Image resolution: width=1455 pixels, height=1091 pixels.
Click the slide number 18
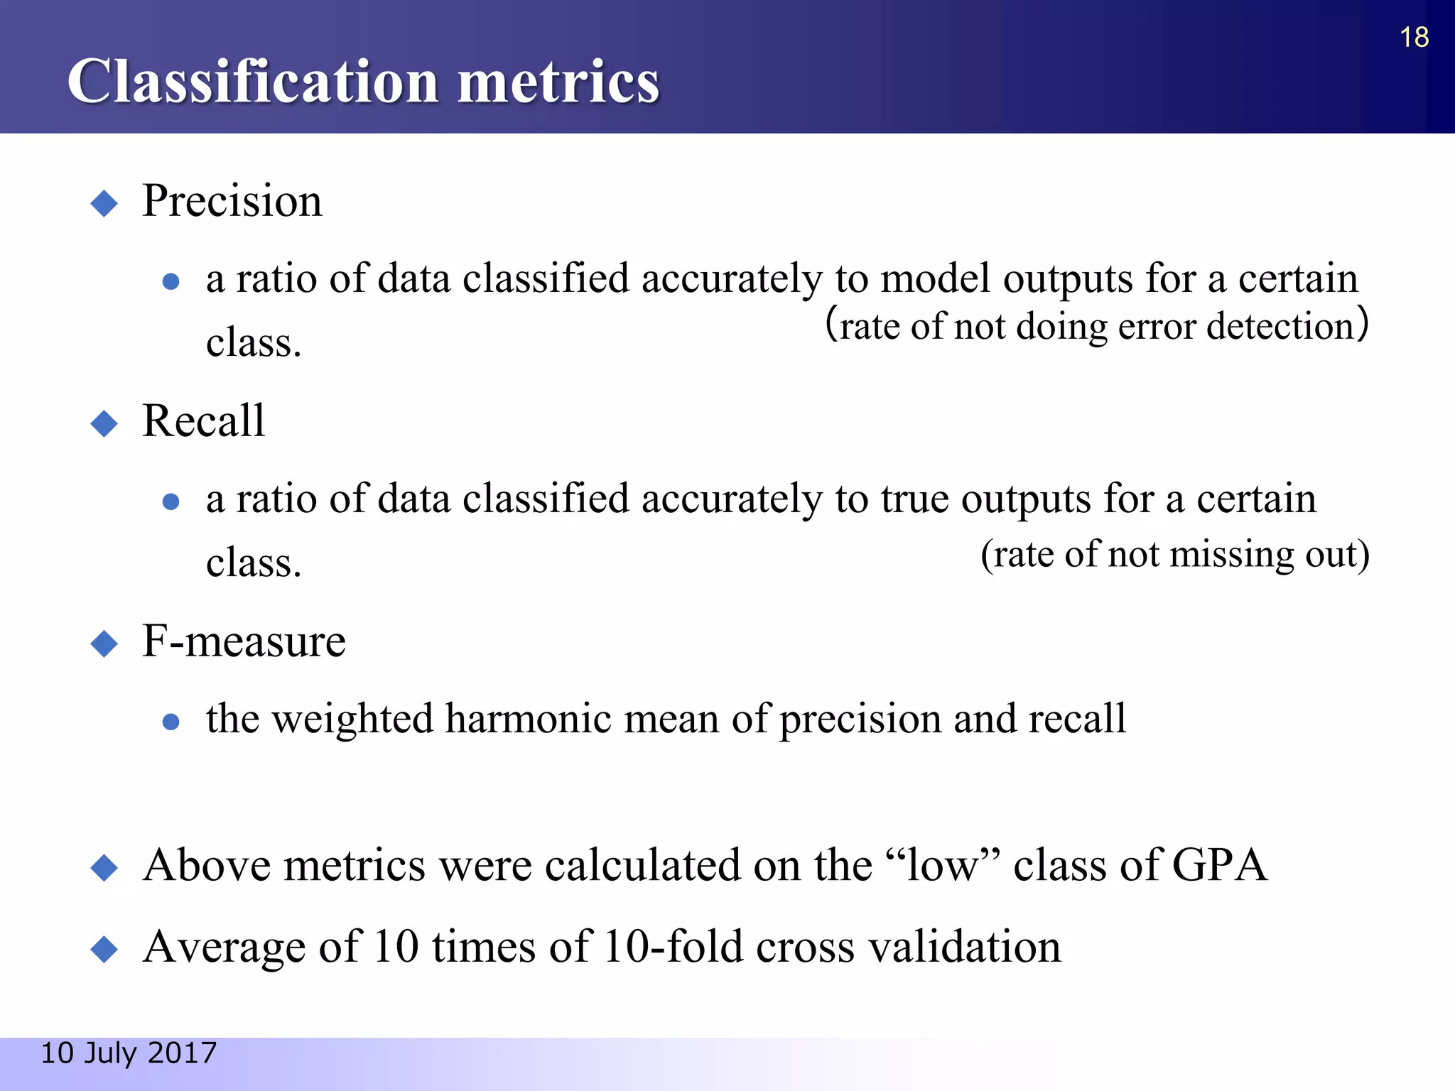click(1414, 38)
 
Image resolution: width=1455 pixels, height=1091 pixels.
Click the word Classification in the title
click(252, 82)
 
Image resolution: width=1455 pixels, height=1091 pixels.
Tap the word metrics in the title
click(558, 82)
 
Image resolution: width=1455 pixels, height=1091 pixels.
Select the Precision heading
click(232, 201)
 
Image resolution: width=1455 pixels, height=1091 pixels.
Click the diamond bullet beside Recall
click(104, 424)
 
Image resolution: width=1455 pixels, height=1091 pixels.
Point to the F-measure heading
click(244, 641)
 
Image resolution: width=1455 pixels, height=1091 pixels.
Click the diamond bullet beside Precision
click(104, 204)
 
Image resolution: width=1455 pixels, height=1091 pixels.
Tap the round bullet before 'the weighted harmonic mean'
click(171, 722)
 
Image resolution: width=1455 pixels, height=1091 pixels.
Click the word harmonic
click(528, 719)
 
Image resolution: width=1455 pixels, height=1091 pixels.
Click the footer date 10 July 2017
click(129, 1053)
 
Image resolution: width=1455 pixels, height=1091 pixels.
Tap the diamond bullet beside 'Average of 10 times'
click(104, 949)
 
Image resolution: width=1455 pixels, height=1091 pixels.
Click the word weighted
click(353, 719)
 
